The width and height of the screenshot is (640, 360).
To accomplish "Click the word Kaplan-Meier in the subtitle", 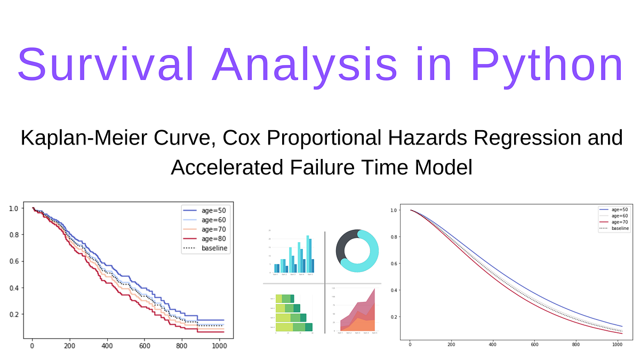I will (x=76, y=138).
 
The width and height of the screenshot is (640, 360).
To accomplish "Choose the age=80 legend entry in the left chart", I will (x=214, y=238).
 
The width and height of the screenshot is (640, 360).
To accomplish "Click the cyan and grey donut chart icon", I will (x=357, y=251).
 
